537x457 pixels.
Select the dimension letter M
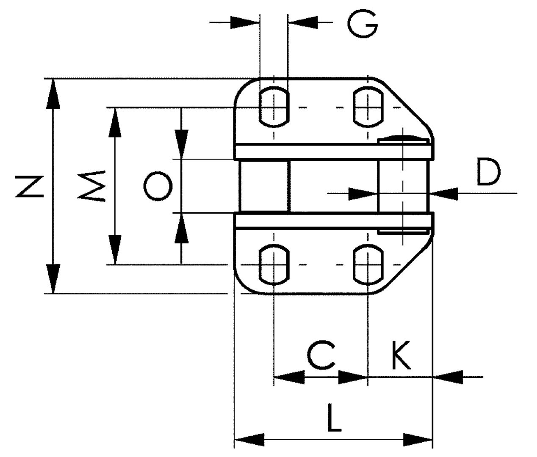tap(92, 186)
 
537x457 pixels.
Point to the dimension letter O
tap(158, 186)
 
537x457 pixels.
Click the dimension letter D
tap(488, 171)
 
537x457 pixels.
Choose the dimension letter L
tap(334, 418)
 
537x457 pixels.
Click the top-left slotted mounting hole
tap(274, 107)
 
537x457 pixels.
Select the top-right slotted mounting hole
tap(368, 107)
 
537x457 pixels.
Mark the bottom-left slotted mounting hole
tap(274, 265)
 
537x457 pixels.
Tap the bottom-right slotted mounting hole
tap(368, 265)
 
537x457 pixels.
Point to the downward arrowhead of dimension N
tap(53, 279)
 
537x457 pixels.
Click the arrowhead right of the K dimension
tap(448, 376)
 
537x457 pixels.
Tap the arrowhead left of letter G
tap(244, 22)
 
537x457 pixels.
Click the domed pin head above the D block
tap(404, 138)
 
